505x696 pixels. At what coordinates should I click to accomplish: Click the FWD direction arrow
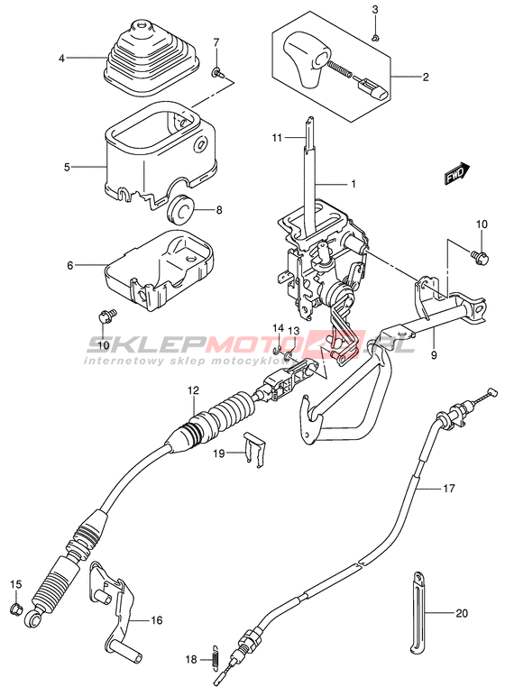tap(457, 173)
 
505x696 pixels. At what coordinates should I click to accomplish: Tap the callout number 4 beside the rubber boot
tap(61, 58)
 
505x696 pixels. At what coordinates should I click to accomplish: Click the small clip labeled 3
tap(375, 39)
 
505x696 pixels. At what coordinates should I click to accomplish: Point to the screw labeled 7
tap(217, 71)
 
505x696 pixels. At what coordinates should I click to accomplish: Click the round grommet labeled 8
tap(181, 208)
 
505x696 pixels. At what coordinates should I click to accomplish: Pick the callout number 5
tap(67, 168)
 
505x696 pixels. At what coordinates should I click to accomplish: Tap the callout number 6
tap(69, 265)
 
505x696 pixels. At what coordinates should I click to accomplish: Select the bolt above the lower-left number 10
tap(107, 316)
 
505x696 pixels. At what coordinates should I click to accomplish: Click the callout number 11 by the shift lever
tap(277, 138)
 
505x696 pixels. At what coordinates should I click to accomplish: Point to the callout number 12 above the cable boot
tap(193, 390)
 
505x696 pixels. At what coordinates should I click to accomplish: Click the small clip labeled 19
tap(254, 449)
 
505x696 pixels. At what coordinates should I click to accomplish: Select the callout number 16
tap(157, 620)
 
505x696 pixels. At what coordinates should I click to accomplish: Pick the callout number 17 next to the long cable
tap(449, 489)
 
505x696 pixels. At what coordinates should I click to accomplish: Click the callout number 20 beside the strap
tap(462, 613)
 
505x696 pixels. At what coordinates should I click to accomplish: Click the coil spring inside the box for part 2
tap(340, 69)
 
